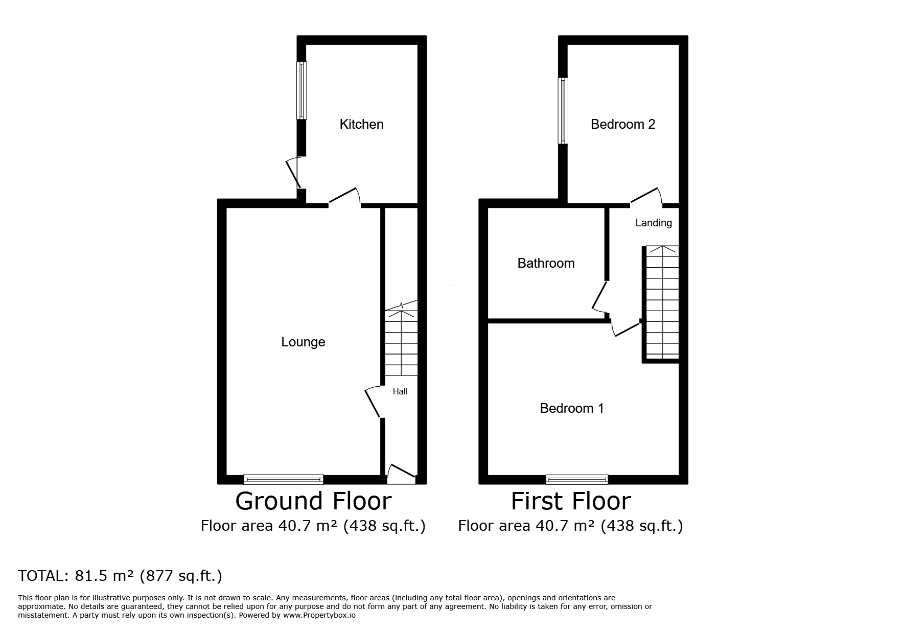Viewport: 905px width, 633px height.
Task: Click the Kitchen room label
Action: pyautogui.click(x=361, y=124)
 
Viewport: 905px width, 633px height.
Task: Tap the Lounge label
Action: pyautogui.click(x=303, y=342)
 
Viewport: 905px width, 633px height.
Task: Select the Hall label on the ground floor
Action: pyautogui.click(x=400, y=392)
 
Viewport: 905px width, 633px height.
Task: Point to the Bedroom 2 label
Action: pyautogui.click(x=623, y=124)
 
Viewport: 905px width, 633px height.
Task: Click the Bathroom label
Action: pyautogui.click(x=546, y=263)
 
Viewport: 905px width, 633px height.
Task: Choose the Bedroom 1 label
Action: pyautogui.click(x=572, y=408)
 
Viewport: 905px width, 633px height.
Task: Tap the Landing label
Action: pyautogui.click(x=654, y=223)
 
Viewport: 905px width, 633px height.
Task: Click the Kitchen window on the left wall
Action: pyautogui.click(x=302, y=90)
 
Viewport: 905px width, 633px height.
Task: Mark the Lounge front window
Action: pyautogui.click(x=284, y=479)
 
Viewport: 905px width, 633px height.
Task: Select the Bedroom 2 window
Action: pyautogui.click(x=563, y=110)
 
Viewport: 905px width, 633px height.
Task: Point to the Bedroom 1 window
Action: pyautogui.click(x=577, y=479)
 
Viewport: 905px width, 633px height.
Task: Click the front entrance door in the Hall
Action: pyautogui.click(x=401, y=474)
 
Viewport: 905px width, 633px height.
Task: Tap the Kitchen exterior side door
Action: pyautogui.click(x=295, y=173)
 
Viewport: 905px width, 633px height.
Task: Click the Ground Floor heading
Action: pyautogui.click(x=313, y=501)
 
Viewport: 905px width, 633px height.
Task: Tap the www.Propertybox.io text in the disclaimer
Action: pyautogui.click(x=319, y=616)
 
